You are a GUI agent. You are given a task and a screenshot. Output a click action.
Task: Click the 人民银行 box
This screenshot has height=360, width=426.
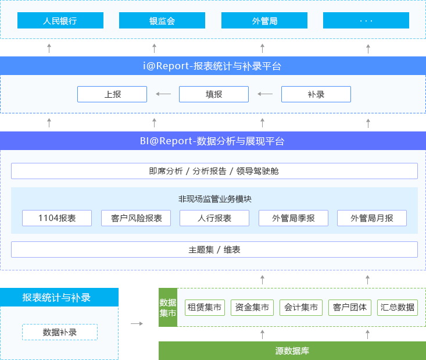click(60, 20)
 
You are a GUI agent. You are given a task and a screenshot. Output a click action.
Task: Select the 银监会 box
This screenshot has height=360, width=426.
click(162, 20)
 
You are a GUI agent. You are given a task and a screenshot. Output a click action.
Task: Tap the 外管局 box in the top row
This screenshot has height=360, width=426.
click(264, 20)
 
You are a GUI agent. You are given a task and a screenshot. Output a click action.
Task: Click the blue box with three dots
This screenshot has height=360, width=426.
click(366, 20)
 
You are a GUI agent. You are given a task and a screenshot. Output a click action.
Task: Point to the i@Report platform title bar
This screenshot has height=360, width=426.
click(213, 66)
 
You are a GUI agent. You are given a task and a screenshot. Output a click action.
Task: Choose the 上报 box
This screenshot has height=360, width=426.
click(112, 94)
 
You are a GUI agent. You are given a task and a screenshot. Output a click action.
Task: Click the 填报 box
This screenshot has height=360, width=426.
click(214, 94)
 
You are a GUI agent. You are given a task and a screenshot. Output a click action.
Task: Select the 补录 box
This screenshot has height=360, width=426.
click(316, 94)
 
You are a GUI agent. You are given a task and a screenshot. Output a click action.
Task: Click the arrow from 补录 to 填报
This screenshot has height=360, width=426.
click(265, 94)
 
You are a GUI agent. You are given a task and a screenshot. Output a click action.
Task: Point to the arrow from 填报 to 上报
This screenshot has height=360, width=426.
click(163, 94)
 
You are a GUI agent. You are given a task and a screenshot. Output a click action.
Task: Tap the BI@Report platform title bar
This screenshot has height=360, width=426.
click(213, 141)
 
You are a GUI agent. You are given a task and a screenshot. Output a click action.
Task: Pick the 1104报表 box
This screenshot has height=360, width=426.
click(57, 218)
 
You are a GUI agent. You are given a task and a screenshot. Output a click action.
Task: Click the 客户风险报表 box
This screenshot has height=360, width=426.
click(136, 218)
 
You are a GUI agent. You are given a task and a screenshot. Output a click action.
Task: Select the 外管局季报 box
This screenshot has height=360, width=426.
click(293, 218)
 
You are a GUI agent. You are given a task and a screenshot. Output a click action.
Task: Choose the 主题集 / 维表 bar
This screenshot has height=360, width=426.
click(214, 249)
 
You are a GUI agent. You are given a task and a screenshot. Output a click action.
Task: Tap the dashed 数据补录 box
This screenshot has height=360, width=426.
click(60, 332)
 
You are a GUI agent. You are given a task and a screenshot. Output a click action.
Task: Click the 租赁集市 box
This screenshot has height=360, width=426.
click(205, 308)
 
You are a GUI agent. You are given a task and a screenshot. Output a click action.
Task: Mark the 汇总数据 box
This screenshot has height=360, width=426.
click(398, 308)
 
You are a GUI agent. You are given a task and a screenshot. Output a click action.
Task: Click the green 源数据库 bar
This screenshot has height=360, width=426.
click(292, 351)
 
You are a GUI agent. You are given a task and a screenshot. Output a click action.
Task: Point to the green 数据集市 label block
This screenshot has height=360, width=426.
click(168, 307)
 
